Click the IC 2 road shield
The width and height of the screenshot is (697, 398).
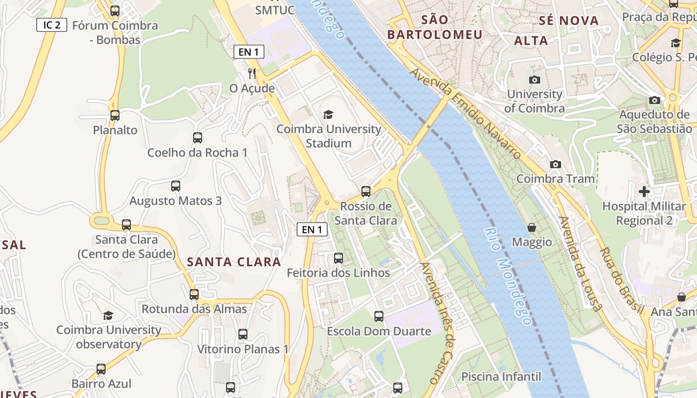[x=52, y=25]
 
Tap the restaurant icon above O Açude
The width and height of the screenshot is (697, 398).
[x=252, y=74]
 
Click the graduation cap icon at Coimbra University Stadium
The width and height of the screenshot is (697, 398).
[x=328, y=115]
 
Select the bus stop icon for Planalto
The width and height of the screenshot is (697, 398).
[x=115, y=115]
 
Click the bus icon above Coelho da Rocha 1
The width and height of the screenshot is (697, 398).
[x=198, y=138]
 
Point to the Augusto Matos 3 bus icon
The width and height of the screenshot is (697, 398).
[x=176, y=186]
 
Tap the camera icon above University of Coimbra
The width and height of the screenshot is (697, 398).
[x=535, y=80]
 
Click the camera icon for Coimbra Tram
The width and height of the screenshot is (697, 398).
[x=556, y=164]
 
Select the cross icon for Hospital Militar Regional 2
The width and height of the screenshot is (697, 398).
[x=644, y=192]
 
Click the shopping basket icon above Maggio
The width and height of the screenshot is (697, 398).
[x=532, y=227]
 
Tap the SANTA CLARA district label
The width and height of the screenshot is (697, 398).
[x=234, y=262]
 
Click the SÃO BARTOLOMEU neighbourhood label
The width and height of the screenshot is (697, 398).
[x=435, y=27]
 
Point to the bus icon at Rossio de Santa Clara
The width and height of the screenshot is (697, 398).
[x=366, y=192]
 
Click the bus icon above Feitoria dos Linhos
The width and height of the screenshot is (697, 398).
[x=339, y=258]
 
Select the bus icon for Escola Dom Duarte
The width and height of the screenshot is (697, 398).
[x=379, y=316]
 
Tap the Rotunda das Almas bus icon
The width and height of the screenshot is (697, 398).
[x=194, y=295]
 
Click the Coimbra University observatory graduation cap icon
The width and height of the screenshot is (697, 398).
[x=108, y=315]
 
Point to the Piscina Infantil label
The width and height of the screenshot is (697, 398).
[x=501, y=376]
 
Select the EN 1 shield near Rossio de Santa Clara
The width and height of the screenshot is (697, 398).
[x=312, y=229]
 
